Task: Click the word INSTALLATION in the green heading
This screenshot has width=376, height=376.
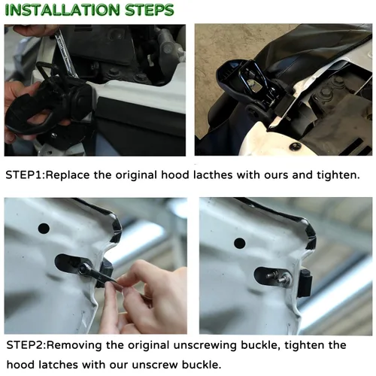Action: click(x=62, y=11)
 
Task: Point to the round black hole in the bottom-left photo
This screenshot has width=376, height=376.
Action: click(x=43, y=228)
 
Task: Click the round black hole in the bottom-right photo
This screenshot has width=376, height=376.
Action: click(x=239, y=243)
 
